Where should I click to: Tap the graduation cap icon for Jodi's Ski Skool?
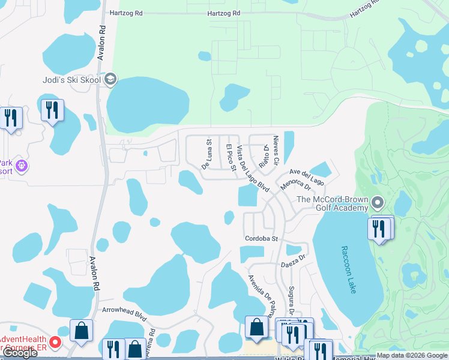click(111, 79)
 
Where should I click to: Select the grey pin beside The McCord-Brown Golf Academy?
click(377, 202)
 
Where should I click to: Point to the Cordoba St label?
click(262, 238)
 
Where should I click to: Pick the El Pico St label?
click(230, 156)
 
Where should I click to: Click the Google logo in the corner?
click(20, 353)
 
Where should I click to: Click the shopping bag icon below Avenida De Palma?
click(256, 327)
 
